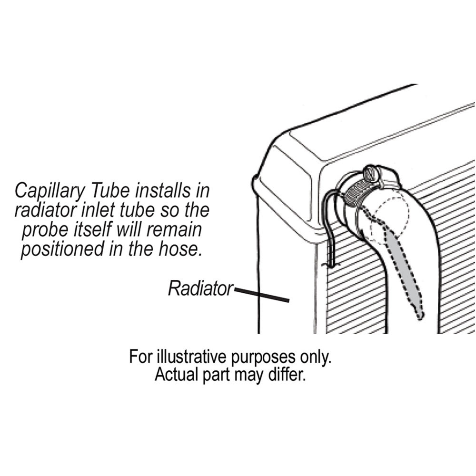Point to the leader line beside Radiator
262,295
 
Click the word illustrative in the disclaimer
191,357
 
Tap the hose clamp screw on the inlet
371,174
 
